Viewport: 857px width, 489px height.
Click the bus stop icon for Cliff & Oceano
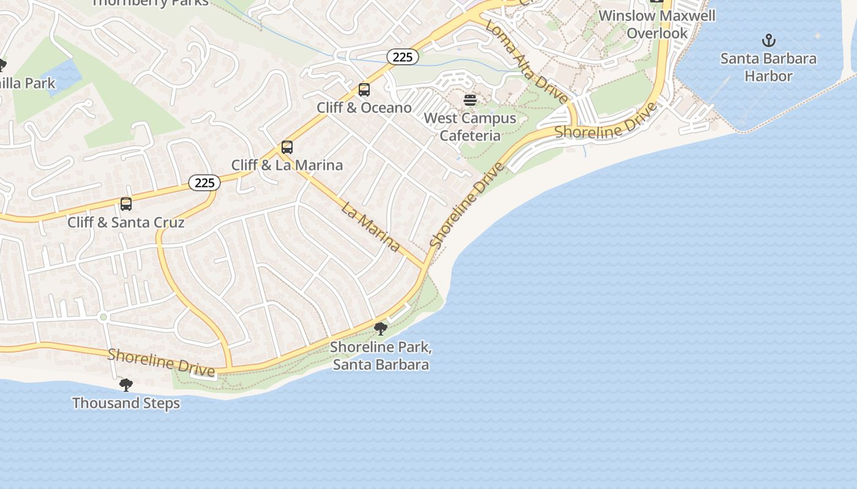coord(364,90)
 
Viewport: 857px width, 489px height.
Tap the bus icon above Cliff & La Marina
coord(287,147)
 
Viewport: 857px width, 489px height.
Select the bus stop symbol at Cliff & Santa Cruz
coord(126,204)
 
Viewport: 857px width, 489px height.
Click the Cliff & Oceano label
coord(364,108)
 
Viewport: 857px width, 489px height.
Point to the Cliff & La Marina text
coord(287,165)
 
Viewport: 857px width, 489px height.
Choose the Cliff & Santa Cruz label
coord(126,222)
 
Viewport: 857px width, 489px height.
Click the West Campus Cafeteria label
coord(470,127)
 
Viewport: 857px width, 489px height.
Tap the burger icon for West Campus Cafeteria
coord(470,100)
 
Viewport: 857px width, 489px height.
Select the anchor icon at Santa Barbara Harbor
coord(768,41)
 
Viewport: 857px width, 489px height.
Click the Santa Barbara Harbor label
coord(768,67)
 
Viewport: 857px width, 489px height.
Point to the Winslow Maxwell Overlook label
coord(657,24)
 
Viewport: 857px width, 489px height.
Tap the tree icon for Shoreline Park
coord(381,329)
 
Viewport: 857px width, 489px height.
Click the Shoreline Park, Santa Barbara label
coord(381,356)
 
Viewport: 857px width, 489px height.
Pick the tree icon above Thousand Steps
coord(126,384)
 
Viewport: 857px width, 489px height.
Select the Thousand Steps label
coord(126,403)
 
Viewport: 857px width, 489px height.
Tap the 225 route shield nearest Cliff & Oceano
coord(403,57)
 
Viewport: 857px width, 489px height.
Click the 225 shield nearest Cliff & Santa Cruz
coord(204,182)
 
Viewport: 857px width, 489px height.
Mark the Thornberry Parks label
coord(150,2)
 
